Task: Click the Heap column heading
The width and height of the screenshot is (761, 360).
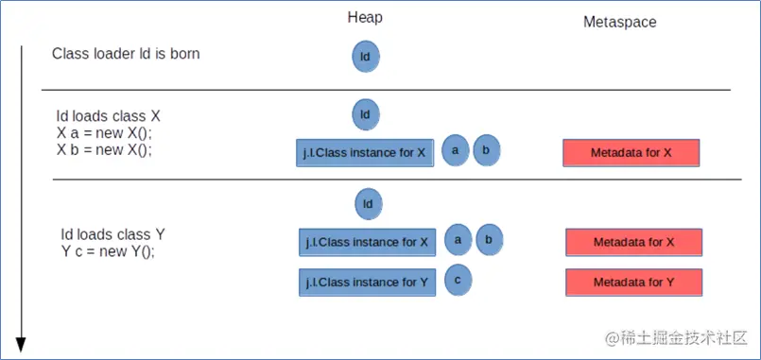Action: pyautogui.click(x=365, y=18)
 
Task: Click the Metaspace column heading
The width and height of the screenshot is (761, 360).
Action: pyautogui.click(x=619, y=22)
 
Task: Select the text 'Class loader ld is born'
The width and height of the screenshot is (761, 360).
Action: pyautogui.click(x=126, y=54)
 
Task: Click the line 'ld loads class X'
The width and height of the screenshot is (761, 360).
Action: pyautogui.click(x=109, y=116)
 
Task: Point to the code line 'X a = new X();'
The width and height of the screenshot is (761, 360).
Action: pyautogui.click(x=104, y=133)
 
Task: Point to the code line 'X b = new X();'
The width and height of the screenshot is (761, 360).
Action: pyautogui.click(x=104, y=149)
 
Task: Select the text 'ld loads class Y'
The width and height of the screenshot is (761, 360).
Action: pyautogui.click(x=113, y=233)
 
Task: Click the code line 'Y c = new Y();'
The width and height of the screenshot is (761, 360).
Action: pyautogui.click(x=108, y=250)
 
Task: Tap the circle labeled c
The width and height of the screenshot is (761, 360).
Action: pyautogui.click(x=458, y=281)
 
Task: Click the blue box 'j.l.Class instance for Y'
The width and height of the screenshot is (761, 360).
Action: pyautogui.click(x=367, y=283)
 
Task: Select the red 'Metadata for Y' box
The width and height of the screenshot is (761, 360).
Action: pyautogui.click(x=633, y=283)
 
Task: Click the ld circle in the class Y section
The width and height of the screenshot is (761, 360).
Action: pyautogui.click(x=369, y=203)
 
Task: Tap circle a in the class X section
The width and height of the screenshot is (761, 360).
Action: pyautogui.click(x=455, y=150)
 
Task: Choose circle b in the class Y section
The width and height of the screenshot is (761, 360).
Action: pyautogui.click(x=489, y=240)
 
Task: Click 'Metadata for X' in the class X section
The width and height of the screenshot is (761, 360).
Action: pyautogui.click(x=631, y=153)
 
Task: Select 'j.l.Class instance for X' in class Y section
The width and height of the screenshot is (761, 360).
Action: pyautogui.click(x=367, y=242)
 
